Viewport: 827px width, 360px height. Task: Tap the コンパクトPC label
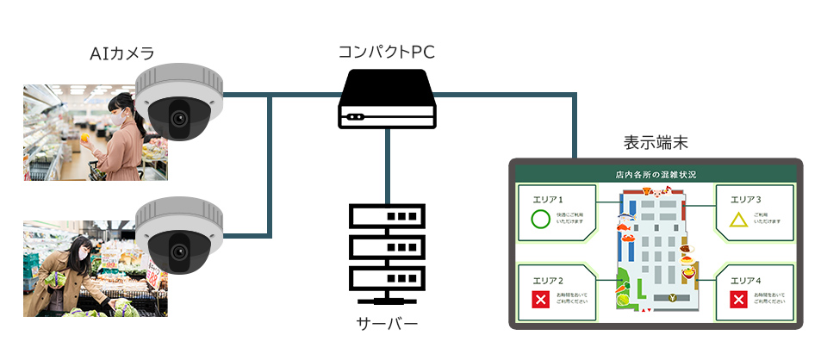pos(387,53)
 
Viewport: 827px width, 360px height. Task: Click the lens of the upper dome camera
pos(178,118)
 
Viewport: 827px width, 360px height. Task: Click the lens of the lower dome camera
pos(178,250)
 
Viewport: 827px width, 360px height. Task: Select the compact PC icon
pos(387,100)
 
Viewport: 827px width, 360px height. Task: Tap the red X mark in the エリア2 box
pos(540,300)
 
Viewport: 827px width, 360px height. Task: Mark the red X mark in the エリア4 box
pos(738,300)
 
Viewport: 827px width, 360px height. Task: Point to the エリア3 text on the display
pos(745,199)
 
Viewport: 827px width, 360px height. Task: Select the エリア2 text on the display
pos(548,281)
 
